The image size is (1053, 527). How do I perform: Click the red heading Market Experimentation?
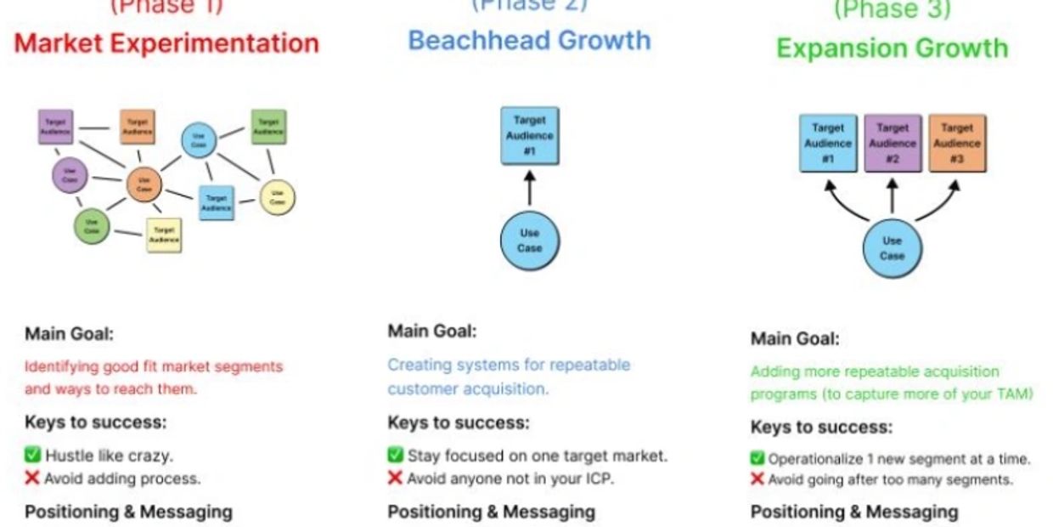coord(166,43)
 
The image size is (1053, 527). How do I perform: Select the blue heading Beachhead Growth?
coord(529,40)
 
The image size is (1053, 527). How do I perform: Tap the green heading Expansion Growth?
coord(892,48)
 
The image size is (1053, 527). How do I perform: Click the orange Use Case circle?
coord(144,184)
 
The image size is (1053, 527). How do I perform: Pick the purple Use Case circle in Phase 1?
coord(70,176)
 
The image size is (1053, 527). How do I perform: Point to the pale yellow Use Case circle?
coord(277,197)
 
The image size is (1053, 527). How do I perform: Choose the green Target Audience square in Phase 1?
coord(267,127)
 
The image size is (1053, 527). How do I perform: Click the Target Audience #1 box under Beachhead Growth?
coord(530,135)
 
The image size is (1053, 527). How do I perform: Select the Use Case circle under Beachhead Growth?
coord(530,241)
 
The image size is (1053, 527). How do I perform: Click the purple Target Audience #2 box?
coord(893,143)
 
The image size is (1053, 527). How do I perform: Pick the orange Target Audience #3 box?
coord(957,143)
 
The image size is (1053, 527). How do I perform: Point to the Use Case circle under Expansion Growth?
coord(892,248)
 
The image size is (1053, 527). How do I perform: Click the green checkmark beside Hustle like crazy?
coord(32,456)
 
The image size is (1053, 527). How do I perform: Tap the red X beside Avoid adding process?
coord(32,478)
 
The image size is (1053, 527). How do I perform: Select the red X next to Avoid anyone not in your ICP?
coord(395,478)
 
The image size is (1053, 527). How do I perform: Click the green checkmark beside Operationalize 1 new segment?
coord(757,459)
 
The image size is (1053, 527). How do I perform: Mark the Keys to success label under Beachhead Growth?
coord(458,422)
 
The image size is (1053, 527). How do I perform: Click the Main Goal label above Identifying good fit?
coord(69,332)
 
